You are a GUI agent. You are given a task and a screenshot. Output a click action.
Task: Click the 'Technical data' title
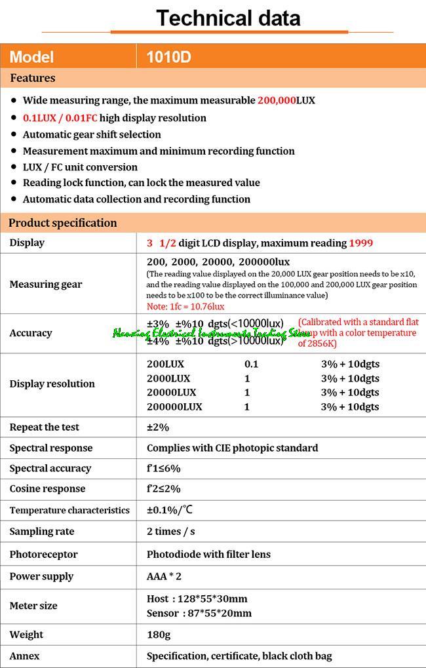(x=228, y=18)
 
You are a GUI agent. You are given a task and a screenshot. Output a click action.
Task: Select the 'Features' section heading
(x=33, y=78)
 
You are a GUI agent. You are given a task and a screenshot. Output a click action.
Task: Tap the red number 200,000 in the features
(x=277, y=101)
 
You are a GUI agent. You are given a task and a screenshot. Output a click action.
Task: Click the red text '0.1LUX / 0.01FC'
(x=60, y=118)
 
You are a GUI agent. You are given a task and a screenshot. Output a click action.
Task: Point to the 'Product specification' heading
(x=62, y=223)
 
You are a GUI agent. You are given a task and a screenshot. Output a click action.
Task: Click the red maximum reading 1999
(x=361, y=243)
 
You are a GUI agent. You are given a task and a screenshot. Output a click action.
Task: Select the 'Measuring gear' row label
(x=46, y=285)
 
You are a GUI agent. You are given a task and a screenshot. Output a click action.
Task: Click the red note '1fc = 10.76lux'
(x=185, y=306)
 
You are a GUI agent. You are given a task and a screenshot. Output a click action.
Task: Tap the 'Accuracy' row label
(x=31, y=333)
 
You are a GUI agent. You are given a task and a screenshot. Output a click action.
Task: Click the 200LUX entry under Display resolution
(x=165, y=364)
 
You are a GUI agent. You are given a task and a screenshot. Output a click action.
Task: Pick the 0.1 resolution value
(x=252, y=364)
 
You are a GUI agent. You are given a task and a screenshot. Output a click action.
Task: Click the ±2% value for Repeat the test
(x=158, y=427)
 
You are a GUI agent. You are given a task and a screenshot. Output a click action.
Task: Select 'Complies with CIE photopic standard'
(x=232, y=448)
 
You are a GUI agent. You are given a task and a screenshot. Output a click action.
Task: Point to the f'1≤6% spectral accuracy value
(x=163, y=469)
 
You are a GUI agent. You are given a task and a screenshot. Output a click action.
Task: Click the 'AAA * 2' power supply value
(x=164, y=576)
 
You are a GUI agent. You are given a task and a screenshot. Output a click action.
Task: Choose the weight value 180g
(x=159, y=635)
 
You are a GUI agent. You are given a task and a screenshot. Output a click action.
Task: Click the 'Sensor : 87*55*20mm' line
(x=199, y=614)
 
